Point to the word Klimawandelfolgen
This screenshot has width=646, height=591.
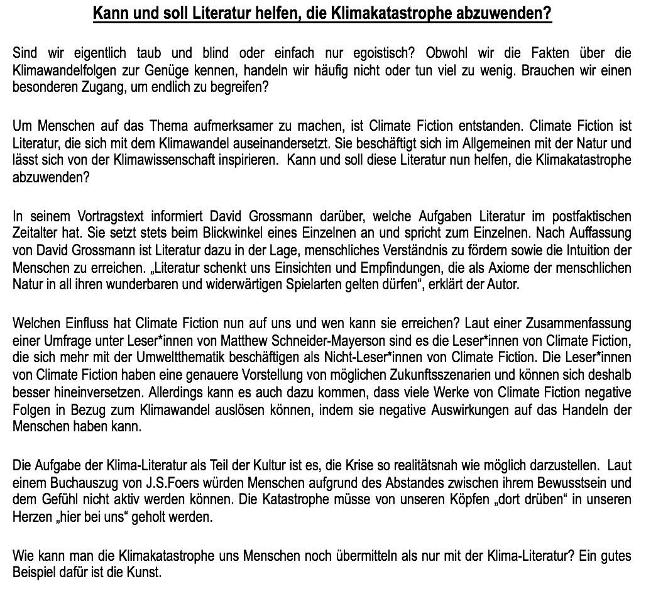[x=62, y=70]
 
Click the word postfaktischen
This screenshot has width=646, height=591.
[x=587, y=218]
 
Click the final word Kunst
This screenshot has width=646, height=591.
[x=148, y=574]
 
